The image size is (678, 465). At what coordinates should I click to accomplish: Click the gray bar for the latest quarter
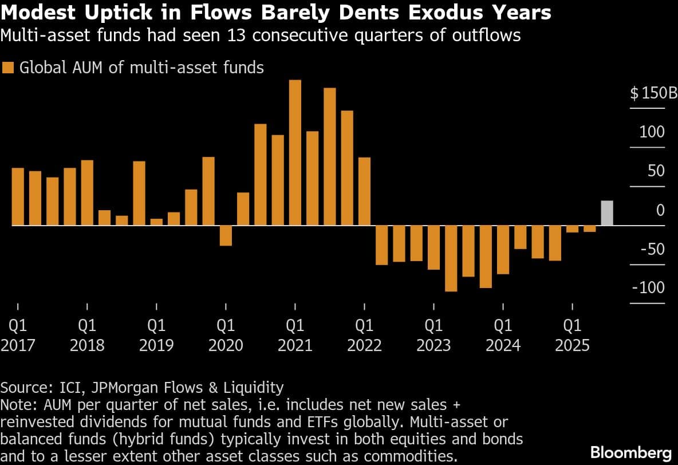click(606, 213)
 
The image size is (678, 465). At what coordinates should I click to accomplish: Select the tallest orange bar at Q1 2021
click(295, 153)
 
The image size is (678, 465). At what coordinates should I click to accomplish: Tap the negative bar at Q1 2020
click(226, 236)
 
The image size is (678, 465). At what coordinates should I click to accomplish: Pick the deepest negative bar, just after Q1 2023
click(451, 259)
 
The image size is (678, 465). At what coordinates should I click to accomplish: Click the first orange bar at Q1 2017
click(18, 197)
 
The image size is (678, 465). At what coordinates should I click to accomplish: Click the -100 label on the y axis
click(648, 287)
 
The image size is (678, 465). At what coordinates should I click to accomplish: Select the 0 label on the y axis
click(660, 210)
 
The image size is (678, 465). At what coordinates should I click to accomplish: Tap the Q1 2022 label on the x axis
click(364, 335)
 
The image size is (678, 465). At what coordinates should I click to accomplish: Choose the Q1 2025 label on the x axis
click(572, 335)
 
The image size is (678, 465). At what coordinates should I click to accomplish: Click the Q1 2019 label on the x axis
click(156, 335)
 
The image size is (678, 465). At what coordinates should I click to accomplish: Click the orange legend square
click(8, 68)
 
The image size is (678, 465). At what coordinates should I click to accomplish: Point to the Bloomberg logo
click(631, 452)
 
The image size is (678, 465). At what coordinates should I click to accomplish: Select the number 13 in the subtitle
click(236, 35)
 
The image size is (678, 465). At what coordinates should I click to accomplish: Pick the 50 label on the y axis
click(656, 171)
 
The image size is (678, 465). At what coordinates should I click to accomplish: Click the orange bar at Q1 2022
click(364, 191)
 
